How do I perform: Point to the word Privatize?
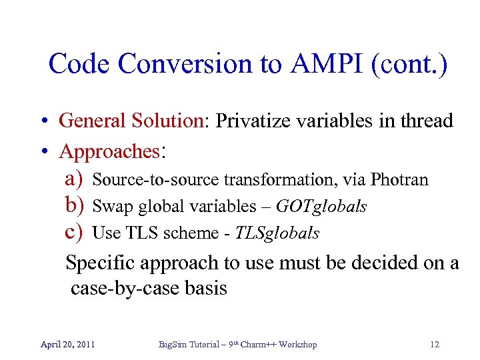(x=253, y=121)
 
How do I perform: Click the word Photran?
(x=399, y=180)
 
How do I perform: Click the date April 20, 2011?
(x=67, y=345)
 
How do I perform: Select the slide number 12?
(x=435, y=345)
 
